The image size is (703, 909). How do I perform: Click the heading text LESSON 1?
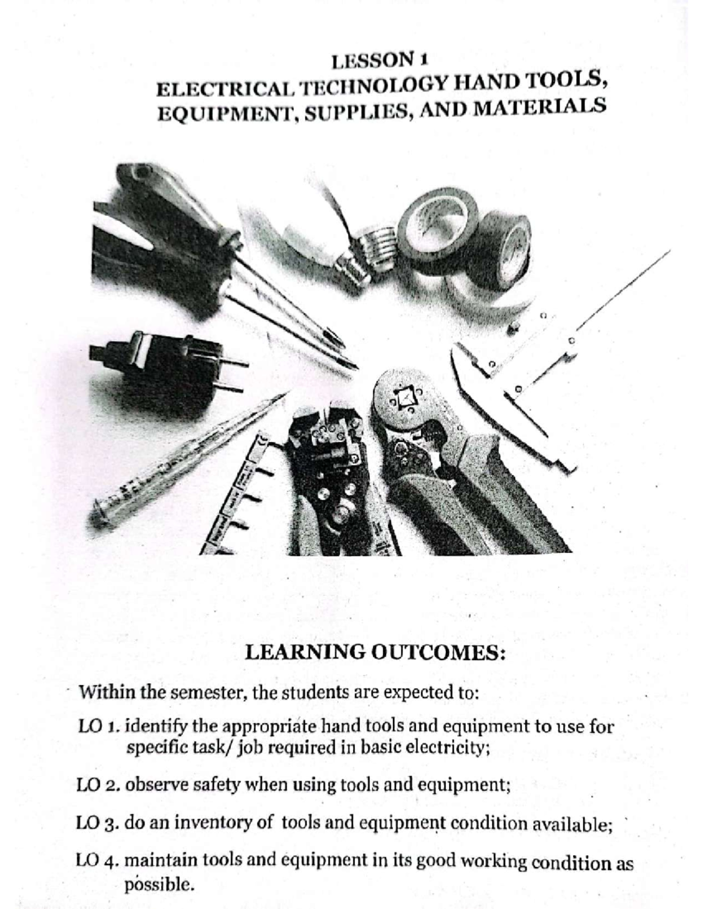380,60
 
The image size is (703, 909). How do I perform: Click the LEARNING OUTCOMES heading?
374,652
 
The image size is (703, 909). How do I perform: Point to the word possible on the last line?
158,884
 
